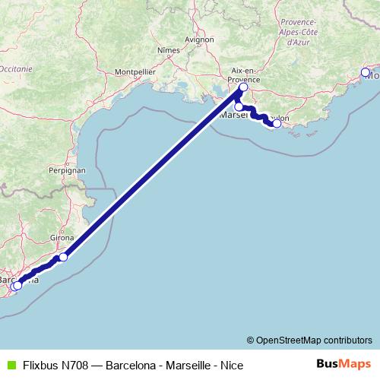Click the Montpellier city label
(135, 71)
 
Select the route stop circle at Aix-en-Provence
(243, 87)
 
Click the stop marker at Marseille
(239, 106)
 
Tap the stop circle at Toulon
(277, 123)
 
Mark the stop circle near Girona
(63, 257)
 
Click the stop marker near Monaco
(366, 72)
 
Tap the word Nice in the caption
(231, 365)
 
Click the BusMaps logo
(344, 364)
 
